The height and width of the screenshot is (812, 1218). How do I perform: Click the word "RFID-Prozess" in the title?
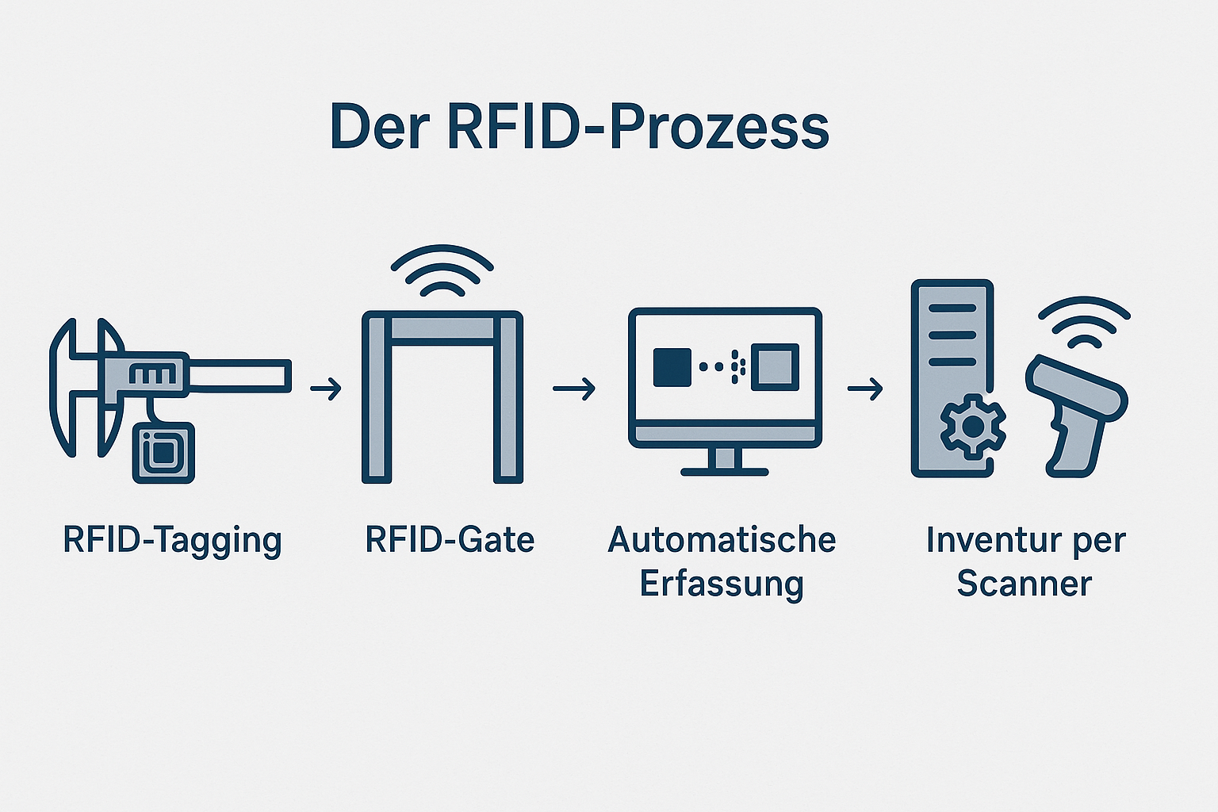tap(638, 127)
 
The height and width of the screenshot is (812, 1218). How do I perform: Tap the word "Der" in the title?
tap(379, 127)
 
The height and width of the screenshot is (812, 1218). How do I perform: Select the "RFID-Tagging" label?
tap(172, 541)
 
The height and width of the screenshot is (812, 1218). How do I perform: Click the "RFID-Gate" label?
tap(450, 540)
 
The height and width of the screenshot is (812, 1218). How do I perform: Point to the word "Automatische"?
tap(722, 540)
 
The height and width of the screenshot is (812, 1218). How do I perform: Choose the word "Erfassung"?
tap(722, 584)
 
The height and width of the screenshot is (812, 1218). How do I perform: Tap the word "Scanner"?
tap(1025, 584)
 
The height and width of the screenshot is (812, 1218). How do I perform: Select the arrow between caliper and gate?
tap(325, 389)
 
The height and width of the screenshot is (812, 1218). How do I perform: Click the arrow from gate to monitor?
tap(573, 389)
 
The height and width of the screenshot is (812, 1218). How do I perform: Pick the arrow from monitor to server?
tap(864, 389)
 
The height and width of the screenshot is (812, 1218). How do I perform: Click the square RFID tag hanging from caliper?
tap(163, 452)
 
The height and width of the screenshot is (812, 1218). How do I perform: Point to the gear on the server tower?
tap(972, 427)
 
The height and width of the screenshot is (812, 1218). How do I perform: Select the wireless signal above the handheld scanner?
tap(1084, 321)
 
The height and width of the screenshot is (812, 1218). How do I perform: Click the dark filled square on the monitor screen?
tap(672, 367)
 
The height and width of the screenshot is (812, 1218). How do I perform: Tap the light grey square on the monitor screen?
tap(775, 367)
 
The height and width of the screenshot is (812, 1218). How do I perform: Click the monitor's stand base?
tap(724, 471)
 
